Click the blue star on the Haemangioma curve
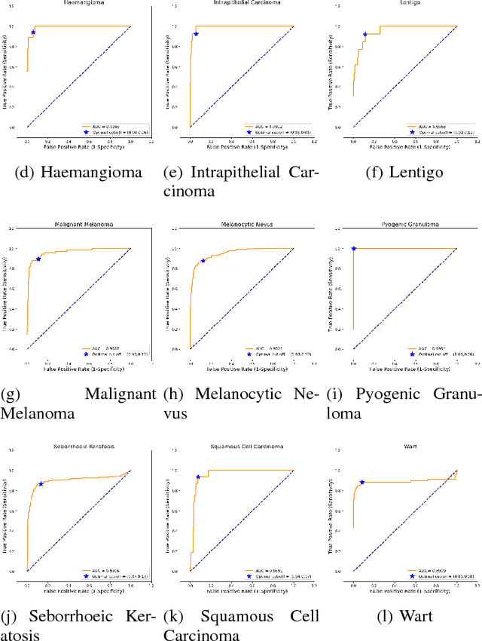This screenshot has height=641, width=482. (33, 32)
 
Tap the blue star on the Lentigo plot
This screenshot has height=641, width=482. (365, 34)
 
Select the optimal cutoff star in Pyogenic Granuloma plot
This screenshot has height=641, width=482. (353, 249)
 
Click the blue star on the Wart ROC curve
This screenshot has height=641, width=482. (362, 482)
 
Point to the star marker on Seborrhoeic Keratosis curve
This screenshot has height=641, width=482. (41, 483)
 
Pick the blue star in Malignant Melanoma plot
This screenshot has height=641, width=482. (38, 259)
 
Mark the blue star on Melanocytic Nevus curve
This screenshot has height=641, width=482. (203, 261)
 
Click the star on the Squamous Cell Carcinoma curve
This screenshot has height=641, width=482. (198, 477)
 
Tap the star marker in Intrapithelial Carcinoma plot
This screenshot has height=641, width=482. (196, 34)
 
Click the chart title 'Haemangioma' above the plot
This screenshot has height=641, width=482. (78, 3)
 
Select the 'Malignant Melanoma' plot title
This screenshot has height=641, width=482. (78, 225)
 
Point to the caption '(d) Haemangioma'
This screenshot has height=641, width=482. (78, 173)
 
